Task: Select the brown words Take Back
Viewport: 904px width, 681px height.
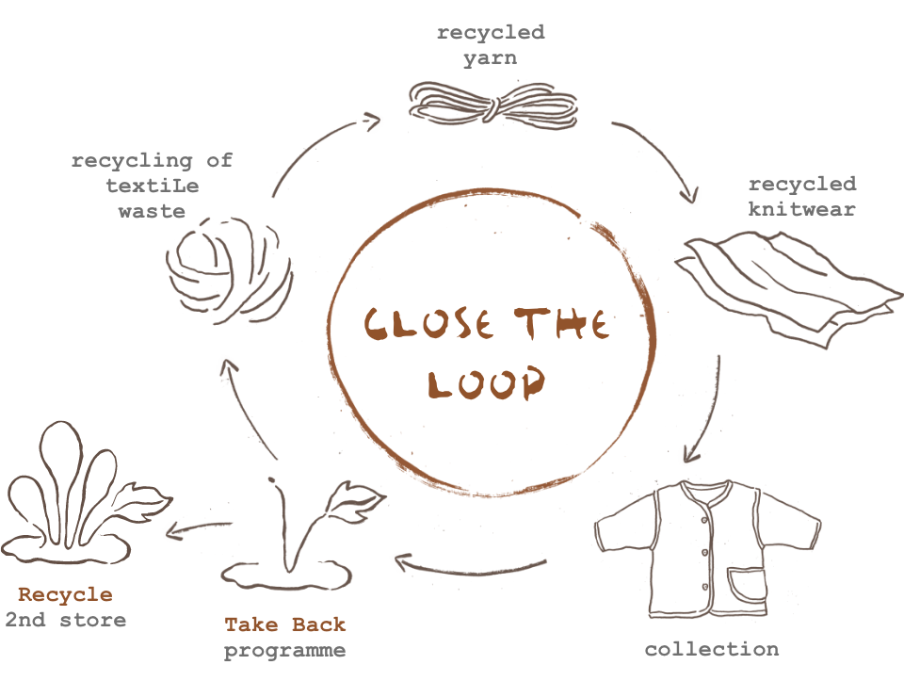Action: click(x=284, y=624)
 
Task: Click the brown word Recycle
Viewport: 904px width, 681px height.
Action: click(x=65, y=595)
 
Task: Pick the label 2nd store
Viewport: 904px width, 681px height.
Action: click(x=65, y=620)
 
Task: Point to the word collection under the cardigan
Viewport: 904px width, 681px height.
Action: click(x=711, y=649)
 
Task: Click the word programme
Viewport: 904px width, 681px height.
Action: click(x=284, y=650)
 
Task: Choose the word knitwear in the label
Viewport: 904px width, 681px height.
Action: click(x=801, y=209)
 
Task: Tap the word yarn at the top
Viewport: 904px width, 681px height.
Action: click(x=490, y=58)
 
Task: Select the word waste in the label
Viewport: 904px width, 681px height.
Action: click(x=152, y=211)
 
